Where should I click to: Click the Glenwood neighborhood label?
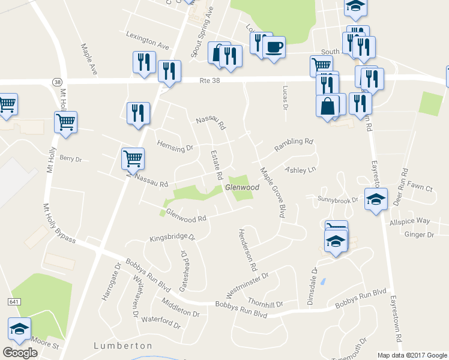(x=242, y=188)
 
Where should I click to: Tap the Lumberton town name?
(x=123, y=346)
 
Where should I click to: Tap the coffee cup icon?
(x=274, y=46)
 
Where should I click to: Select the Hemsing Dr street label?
(x=175, y=146)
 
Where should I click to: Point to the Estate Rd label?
(x=216, y=165)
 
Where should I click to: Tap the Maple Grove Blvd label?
(x=273, y=192)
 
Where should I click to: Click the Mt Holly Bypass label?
(x=58, y=222)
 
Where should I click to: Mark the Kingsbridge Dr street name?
(x=172, y=238)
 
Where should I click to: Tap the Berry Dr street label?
(x=70, y=159)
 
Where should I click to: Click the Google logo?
(x=20, y=353)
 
